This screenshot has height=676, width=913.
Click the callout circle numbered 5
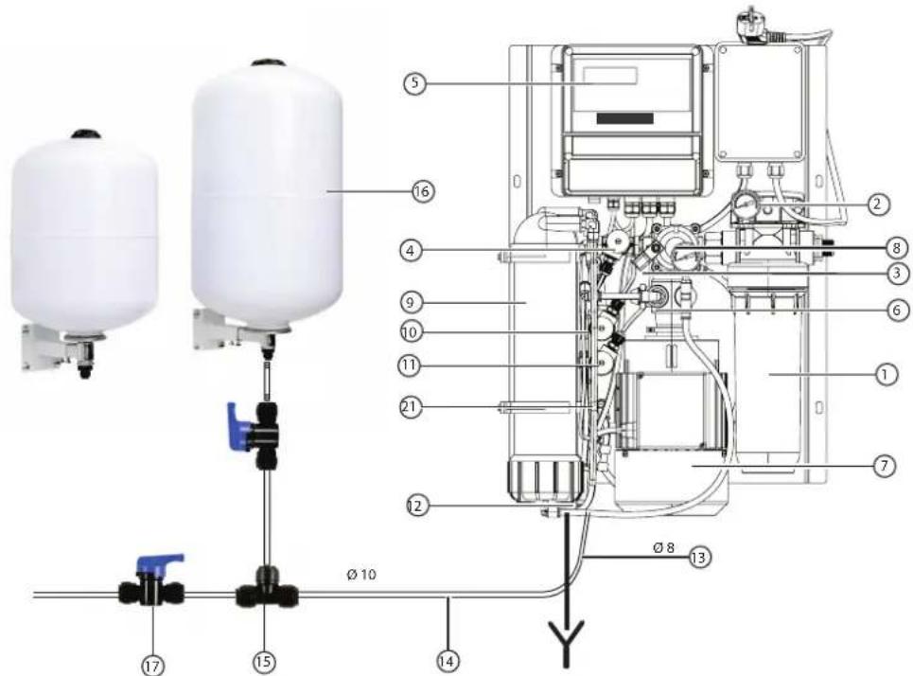(x=415, y=82)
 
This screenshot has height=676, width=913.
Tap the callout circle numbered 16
(x=423, y=191)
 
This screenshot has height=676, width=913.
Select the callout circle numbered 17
(x=152, y=665)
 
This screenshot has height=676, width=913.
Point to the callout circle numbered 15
(x=264, y=662)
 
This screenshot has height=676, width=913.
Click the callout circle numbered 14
(x=448, y=661)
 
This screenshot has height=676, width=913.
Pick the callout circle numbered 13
(x=699, y=558)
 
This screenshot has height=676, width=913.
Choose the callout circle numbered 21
(x=411, y=406)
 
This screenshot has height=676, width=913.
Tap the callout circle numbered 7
(x=885, y=466)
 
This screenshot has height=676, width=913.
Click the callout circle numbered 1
(x=886, y=374)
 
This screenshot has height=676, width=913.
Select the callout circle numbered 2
(x=879, y=204)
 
